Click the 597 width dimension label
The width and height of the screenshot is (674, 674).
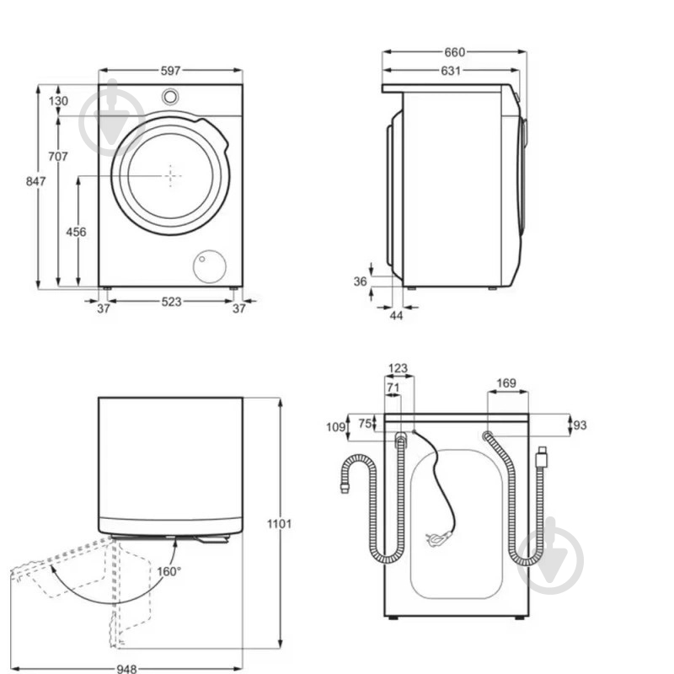tap(170, 71)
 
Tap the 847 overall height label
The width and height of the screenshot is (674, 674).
tap(35, 181)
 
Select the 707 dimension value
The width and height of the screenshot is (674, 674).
tap(57, 157)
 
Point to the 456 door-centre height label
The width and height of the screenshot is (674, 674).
tap(76, 233)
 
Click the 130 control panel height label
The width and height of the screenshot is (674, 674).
tap(58, 101)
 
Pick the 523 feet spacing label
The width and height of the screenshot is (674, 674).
tap(171, 302)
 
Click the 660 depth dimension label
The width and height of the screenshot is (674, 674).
tap(454, 52)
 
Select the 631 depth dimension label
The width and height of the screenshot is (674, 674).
tap(451, 71)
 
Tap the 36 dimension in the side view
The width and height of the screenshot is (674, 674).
tap(361, 281)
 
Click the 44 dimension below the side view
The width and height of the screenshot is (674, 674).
tap(396, 315)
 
